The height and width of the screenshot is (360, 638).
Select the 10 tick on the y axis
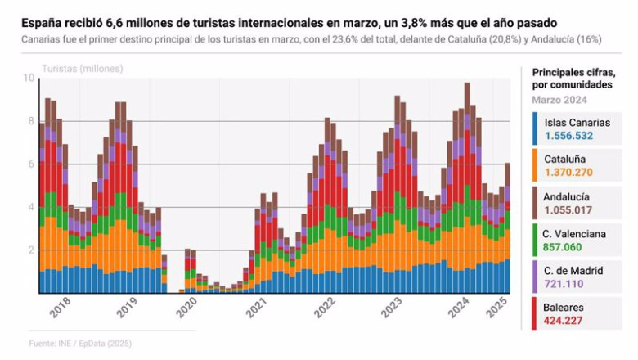tap(29, 78)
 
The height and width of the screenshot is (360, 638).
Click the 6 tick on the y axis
tap(29, 164)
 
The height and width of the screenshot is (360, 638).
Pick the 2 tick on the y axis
tap(29, 250)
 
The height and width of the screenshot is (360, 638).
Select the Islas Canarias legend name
tap(577, 123)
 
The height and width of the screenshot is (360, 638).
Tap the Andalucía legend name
tap(566, 197)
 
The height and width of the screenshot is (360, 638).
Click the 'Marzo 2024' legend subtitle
tap(559, 99)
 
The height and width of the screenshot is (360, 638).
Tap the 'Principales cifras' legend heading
tap(573, 72)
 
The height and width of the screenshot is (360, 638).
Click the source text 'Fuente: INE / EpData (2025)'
tap(80, 343)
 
